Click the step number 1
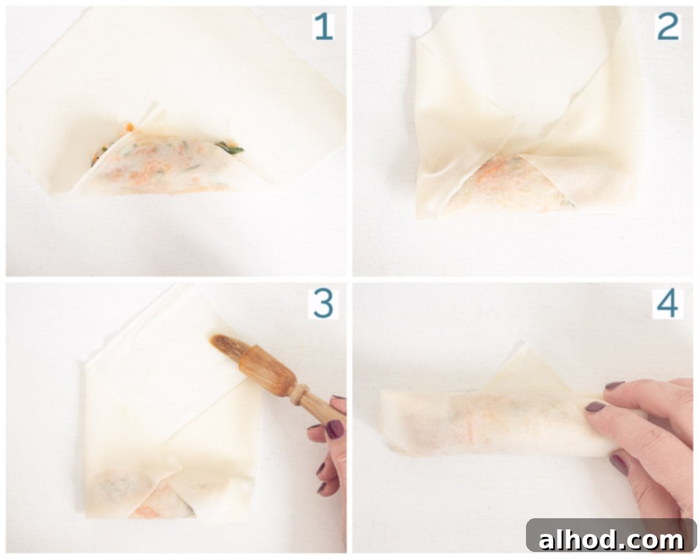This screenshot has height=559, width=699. pos(323,27)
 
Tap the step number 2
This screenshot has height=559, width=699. pos(668,27)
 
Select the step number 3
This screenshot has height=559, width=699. pos(323,304)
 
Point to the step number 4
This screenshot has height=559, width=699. pos(668,304)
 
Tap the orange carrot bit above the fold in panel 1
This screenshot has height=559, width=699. pos(129,127)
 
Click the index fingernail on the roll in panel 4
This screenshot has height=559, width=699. pos(595,406)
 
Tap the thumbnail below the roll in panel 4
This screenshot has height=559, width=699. pos(619,465)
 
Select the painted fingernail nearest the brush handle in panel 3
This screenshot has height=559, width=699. pos(334,429)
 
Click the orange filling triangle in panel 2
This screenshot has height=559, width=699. pos(506,182)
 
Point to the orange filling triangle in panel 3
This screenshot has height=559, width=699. pos(161,504)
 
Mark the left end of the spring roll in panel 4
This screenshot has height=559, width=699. pos(383,419)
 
